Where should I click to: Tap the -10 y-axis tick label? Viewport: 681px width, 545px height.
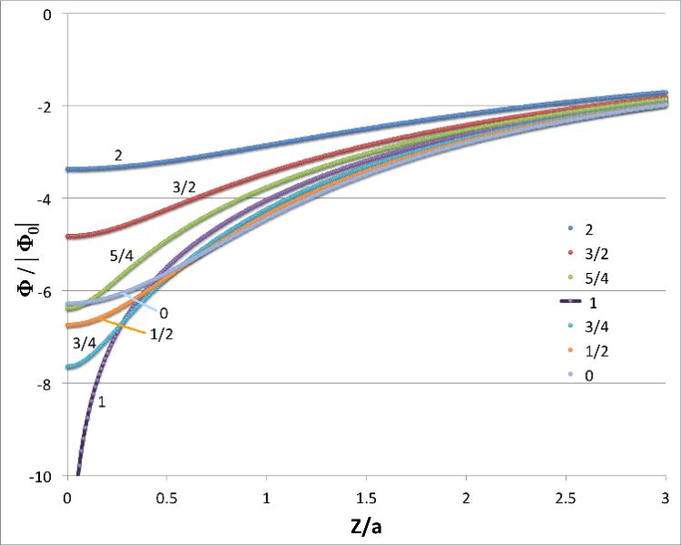tap(42, 477)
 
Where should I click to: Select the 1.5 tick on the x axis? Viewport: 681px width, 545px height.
tap(366, 499)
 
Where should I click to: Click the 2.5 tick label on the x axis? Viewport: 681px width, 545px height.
tap(565, 499)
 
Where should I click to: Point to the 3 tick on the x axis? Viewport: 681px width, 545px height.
tap(666, 499)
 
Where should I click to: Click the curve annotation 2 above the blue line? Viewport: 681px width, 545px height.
tap(118, 156)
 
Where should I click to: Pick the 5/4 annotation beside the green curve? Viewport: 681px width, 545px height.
tap(121, 256)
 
